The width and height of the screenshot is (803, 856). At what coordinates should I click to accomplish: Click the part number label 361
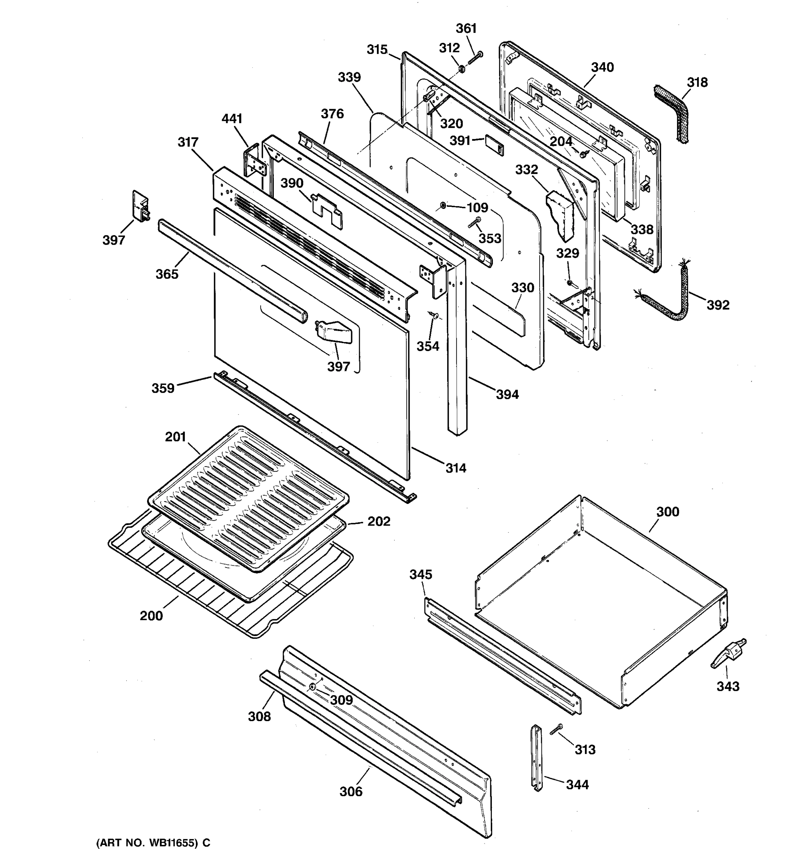coord(466,29)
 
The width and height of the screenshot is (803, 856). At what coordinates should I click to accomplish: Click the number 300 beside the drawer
coord(668,511)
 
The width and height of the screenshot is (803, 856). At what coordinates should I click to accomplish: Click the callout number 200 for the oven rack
coord(151,616)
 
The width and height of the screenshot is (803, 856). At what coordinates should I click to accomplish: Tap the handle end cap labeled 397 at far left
coord(140,205)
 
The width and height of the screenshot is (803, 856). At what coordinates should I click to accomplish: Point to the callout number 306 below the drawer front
coord(351,791)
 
